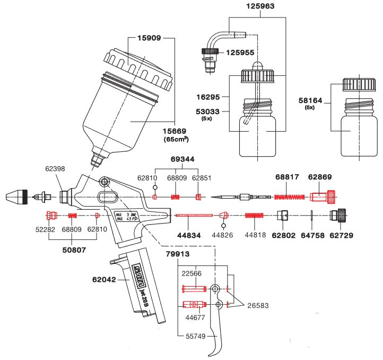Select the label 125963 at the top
click(261, 7)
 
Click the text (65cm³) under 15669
click(176, 139)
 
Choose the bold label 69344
click(182, 159)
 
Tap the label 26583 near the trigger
click(258, 306)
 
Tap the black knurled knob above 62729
click(338, 216)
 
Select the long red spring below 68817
click(290, 197)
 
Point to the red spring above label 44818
click(255, 216)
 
